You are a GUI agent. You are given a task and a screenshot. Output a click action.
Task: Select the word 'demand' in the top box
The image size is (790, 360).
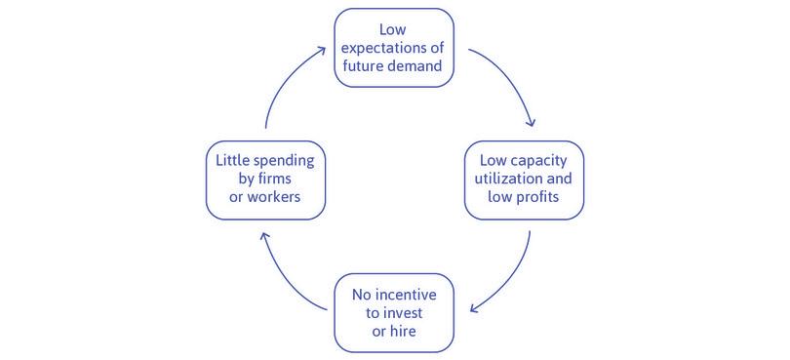click(x=420, y=68)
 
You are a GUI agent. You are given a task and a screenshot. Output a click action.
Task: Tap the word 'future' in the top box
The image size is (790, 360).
click(x=366, y=68)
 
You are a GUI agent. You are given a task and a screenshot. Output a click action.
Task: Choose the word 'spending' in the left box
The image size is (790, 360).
click(x=287, y=160)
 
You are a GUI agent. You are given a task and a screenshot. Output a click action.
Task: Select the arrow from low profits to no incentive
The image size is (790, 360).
click(x=511, y=279)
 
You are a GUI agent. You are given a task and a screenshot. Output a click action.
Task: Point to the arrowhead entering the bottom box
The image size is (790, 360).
click(x=473, y=309)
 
